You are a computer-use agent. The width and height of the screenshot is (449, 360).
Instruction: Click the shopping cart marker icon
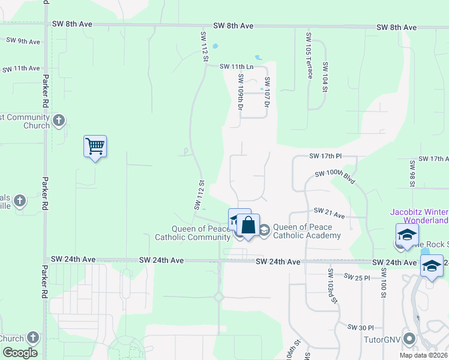click(95, 146)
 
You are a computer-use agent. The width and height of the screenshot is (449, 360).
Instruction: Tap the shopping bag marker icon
click(249, 226)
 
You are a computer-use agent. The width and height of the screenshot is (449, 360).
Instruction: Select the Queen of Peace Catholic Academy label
click(307, 231)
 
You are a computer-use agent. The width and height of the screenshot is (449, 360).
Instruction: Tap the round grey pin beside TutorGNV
click(410, 339)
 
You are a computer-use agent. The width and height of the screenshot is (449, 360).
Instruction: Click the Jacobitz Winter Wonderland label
click(419, 216)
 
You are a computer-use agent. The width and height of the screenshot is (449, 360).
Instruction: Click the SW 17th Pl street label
click(325, 156)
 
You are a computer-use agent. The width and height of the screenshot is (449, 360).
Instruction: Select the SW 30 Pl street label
click(361, 327)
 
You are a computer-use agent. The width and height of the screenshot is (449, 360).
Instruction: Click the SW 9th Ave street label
click(23, 41)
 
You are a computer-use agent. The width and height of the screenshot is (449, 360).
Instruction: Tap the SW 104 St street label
click(325, 77)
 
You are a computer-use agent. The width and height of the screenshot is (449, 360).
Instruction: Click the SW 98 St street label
click(412, 173)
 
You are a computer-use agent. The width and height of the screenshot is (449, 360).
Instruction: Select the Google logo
click(20, 353)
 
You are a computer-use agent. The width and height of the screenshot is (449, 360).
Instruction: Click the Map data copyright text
click(423, 355)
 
